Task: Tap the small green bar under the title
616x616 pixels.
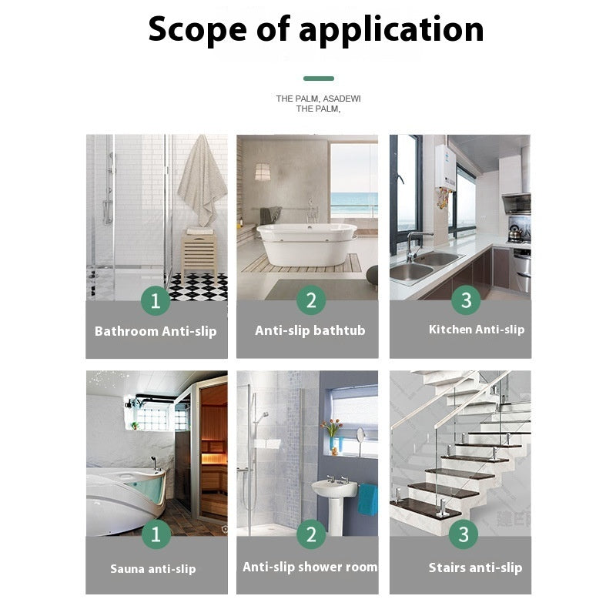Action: [x=318, y=79]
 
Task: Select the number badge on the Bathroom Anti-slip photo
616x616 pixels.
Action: [x=156, y=300]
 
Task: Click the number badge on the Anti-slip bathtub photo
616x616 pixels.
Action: [x=310, y=300]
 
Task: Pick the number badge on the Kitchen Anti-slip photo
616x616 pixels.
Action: [x=465, y=300]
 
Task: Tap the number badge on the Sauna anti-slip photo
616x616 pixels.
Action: [x=156, y=534]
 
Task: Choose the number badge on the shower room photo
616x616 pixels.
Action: [x=310, y=534]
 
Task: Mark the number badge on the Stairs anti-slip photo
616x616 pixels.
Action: [x=464, y=534]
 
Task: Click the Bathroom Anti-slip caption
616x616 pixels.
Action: [x=156, y=331]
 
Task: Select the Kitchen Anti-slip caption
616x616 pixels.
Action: [x=477, y=330]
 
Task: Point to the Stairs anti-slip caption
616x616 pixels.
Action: [x=475, y=568]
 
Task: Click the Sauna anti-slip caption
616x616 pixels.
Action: [x=152, y=569]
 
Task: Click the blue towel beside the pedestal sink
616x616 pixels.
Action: [x=367, y=500]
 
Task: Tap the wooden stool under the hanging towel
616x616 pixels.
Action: [x=199, y=252]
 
